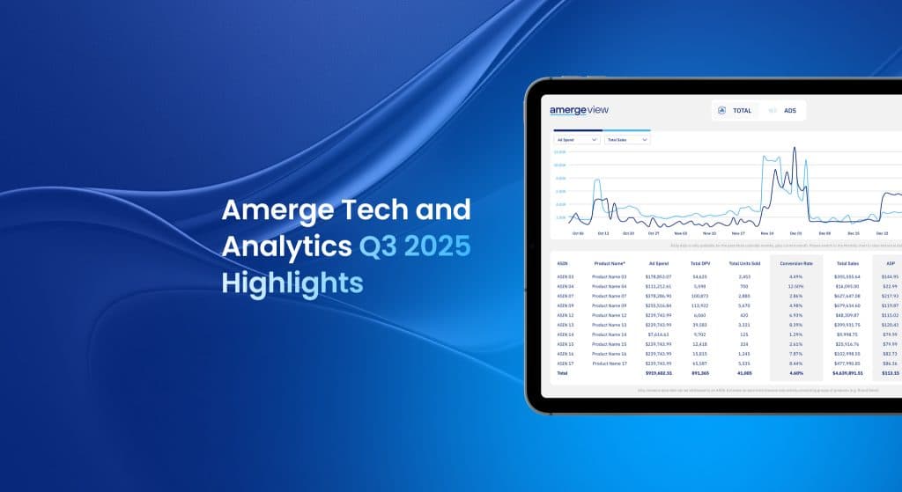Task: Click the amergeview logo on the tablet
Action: pos(579,110)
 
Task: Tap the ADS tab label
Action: pos(790,111)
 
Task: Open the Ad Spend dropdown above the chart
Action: pos(577,139)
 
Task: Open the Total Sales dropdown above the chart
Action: pos(626,139)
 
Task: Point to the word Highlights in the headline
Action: pos(292,283)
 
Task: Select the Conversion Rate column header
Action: pos(795,262)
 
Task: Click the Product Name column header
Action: pos(608,262)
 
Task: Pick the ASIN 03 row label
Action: pos(565,276)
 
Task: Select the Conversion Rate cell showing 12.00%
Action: pos(795,286)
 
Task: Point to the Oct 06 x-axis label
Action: pos(578,234)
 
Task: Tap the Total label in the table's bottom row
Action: pos(562,373)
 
